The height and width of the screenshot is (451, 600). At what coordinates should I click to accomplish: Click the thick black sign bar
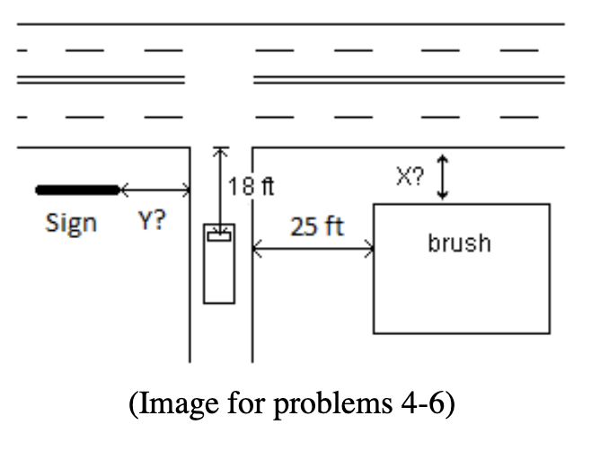pos(77,190)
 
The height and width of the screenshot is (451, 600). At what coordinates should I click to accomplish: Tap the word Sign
pos(71,224)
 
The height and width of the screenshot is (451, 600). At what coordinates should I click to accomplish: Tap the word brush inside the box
pos(460,243)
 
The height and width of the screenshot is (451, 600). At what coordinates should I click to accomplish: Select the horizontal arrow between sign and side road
pos(154,190)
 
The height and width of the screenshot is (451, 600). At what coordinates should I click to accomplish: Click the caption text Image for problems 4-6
pos(293,405)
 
